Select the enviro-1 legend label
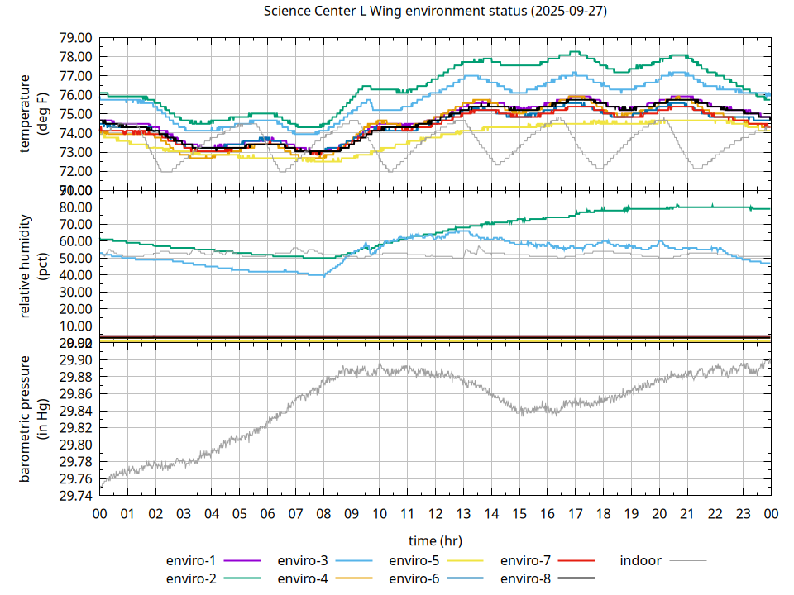click(x=191, y=560)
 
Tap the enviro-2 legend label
click(x=191, y=578)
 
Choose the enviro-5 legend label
click(x=414, y=560)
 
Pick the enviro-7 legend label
click(x=526, y=560)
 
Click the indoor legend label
click(x=641, y=560)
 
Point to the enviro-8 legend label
click(x=526, y=578)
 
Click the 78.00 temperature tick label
click(x=74, y=57)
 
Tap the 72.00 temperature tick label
click(x=74, y=171)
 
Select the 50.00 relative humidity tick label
click(x=74, y=258)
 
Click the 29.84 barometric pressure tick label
click(x=74, y=411)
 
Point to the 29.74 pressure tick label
click(x=74, y=496)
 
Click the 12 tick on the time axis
click(x=435, y=514)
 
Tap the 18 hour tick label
click(x=603, y=514)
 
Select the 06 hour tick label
click(x=267, y=514)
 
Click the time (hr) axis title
click(x=435, y=540)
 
